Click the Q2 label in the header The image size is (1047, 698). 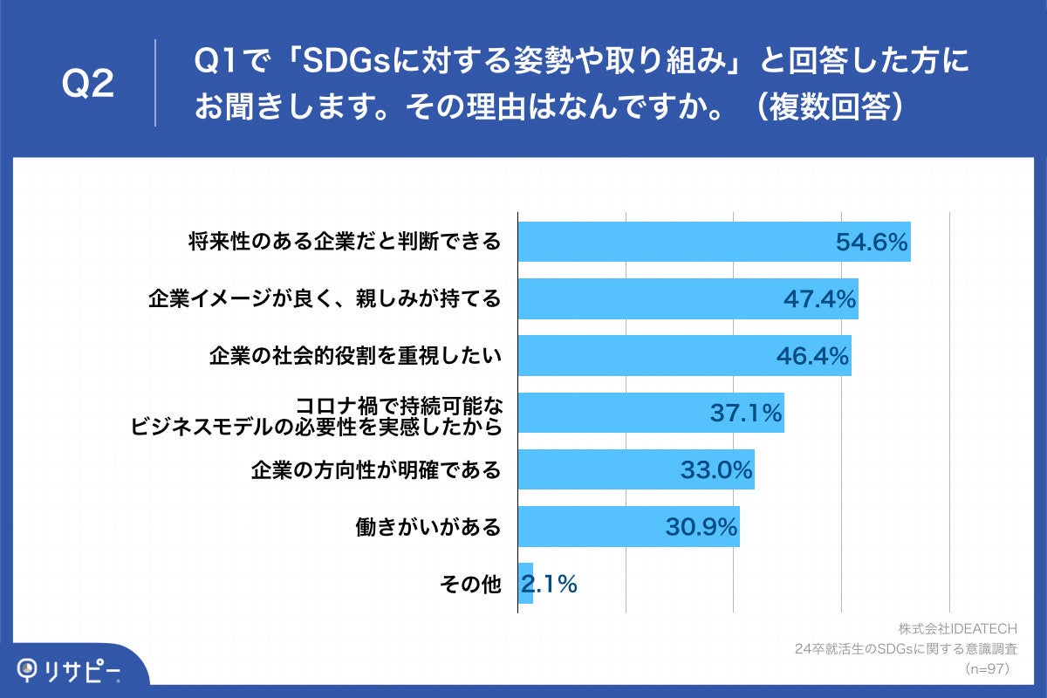click(89, 84)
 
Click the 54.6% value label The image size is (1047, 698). click(872, 243)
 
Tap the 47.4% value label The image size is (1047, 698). click(819, 299)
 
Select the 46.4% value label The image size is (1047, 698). click(812, 356)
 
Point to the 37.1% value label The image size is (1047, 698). click(745, 414)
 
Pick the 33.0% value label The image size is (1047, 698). click(716, 470)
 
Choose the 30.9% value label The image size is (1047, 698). click(701, 527)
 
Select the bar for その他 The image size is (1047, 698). click(525, 585)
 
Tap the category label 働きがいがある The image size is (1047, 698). click(428, 527)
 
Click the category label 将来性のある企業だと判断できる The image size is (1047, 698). click(345, 243)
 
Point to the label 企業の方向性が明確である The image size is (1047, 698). click(376, 470)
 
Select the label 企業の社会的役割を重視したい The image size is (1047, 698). click(355, 356)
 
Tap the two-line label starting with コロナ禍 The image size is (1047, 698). click(316, 415)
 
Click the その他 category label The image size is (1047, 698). click(472, 585)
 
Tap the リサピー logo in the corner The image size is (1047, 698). click(70, 669)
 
